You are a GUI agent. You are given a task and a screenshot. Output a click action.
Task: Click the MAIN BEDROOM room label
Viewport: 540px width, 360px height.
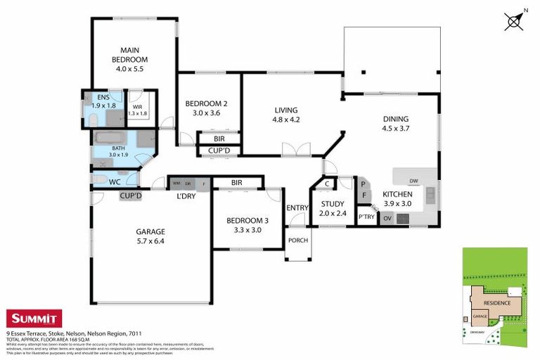(129, 55)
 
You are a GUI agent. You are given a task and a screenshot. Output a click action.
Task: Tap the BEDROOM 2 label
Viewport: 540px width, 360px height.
(206, 103)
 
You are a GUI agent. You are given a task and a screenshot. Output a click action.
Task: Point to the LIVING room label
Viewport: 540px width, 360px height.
(286, 110)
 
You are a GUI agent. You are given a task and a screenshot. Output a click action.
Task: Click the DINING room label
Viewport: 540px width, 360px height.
(395, 119)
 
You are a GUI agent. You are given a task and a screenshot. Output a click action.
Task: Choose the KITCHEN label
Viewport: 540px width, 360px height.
(397, 195)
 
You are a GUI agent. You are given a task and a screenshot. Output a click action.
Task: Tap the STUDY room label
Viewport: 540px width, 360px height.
(333, 204)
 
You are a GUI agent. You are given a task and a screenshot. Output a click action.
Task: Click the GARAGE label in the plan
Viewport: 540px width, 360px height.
(150, 231)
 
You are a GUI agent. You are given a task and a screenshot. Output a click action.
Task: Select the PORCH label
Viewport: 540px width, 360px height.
(298, 240)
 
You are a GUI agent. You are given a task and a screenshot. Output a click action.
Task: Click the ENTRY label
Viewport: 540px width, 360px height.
(297, 207)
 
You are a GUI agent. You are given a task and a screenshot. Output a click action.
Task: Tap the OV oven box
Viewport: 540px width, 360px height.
(387, 218)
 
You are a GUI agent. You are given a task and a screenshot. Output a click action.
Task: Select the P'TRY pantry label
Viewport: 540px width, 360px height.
(366, 217)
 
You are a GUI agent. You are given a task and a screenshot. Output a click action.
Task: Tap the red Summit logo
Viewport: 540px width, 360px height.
(34, 319)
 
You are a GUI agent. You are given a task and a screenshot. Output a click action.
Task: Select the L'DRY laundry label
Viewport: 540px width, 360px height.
(186, 196)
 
